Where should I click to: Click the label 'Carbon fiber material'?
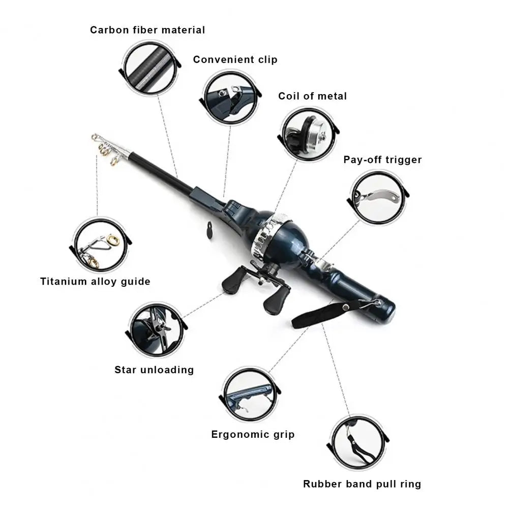coord(147,30)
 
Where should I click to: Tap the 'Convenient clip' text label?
coord(235,59)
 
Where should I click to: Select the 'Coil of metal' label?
coord(312,96)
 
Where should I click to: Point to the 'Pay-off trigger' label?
coord(382,160)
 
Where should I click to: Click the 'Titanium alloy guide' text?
coord(95,281)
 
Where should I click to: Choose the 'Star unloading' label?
coord(154,369)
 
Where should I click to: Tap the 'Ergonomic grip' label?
coord(253,434)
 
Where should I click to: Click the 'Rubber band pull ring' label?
coord(362,484)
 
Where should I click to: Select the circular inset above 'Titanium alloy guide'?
coord(101,245)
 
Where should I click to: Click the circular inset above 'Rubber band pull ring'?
coord(358,443)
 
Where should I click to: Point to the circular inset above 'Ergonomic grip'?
coord(250,394)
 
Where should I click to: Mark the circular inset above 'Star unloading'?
coord(157,329)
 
